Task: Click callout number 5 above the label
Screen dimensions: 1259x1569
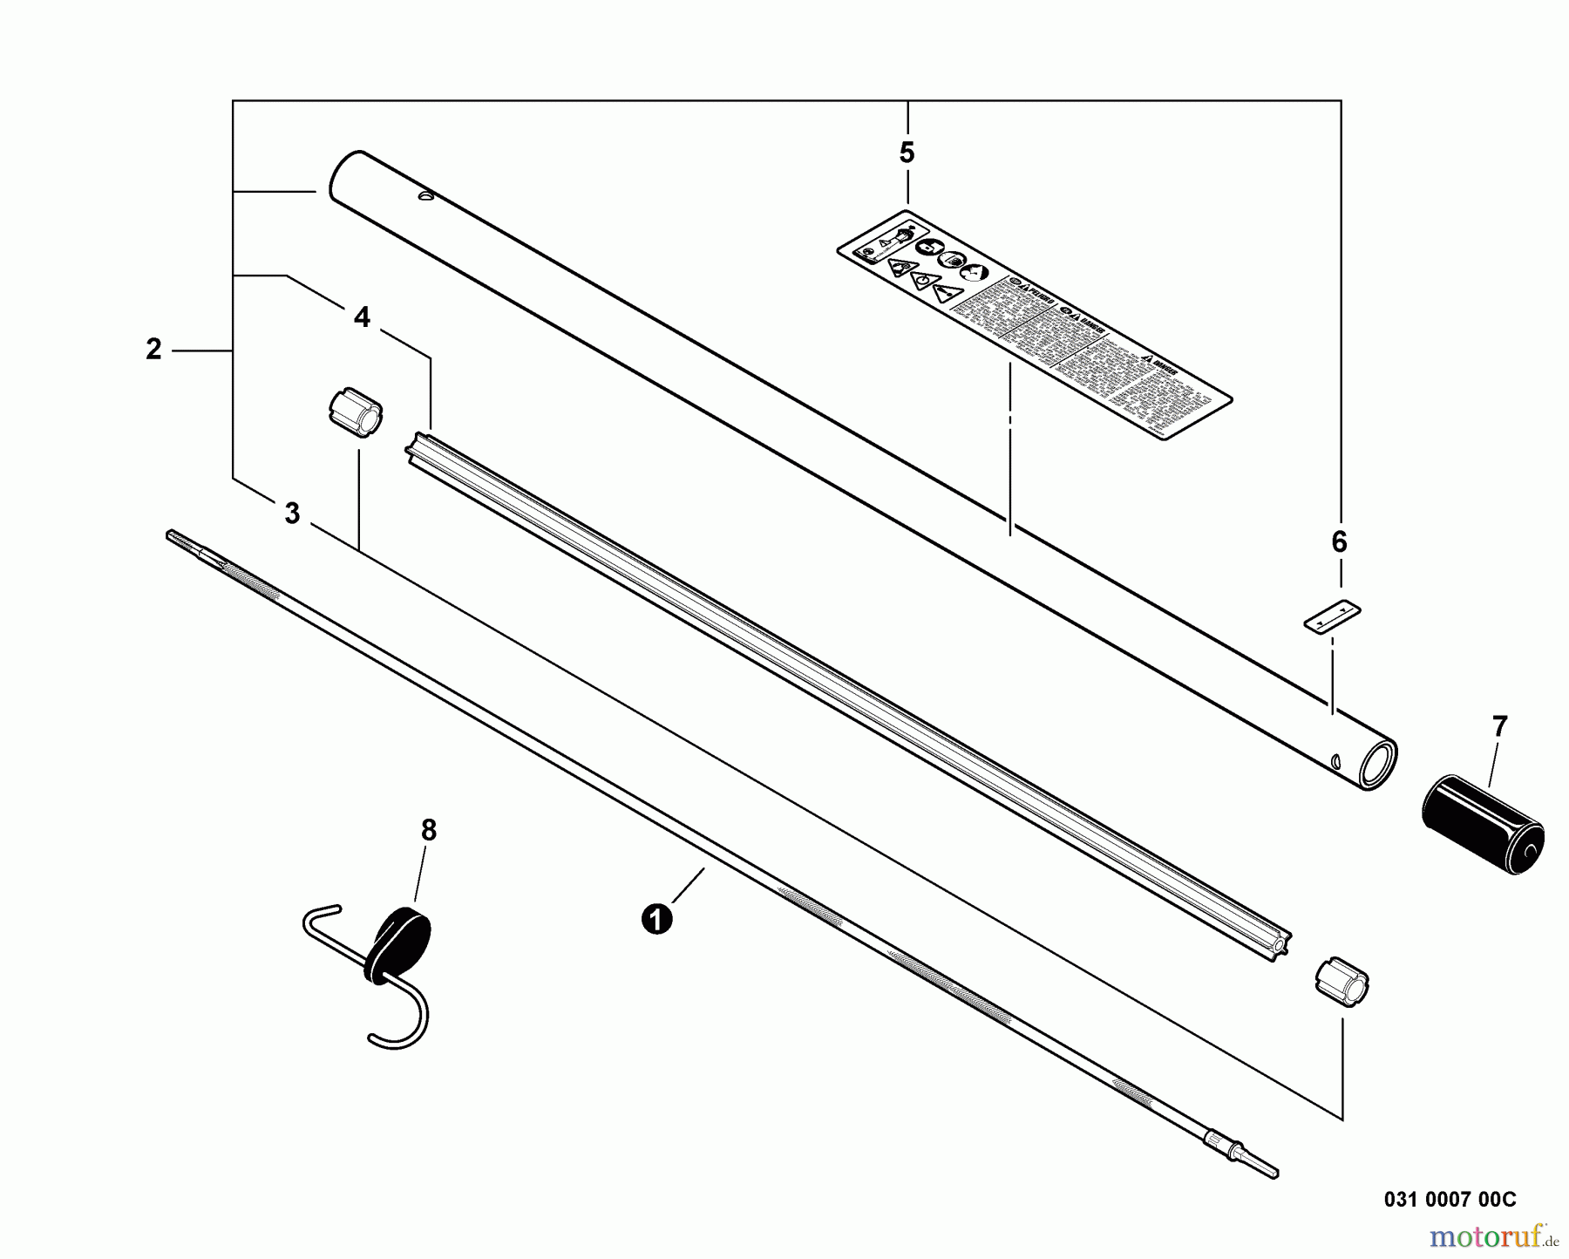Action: tap(907, 153)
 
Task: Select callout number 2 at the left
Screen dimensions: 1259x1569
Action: tap(153, 350)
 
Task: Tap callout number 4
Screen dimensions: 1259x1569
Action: tap(362, 317)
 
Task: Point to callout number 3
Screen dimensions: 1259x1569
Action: tap(292, 514)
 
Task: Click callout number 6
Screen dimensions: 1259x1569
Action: tap(1339, 542)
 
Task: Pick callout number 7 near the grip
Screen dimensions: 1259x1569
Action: tap(1499, 726)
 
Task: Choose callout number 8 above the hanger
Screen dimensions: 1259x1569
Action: tap(428, 831)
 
